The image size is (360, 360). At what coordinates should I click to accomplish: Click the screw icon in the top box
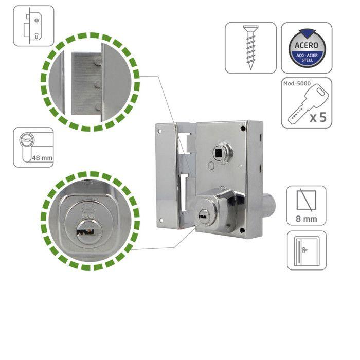(x=250, y=47)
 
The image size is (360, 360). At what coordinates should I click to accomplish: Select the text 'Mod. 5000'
(x=296, y=84)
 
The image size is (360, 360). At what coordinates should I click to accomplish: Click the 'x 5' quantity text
(x=317, y=117)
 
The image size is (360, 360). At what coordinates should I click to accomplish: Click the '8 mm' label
(x=306, y=218)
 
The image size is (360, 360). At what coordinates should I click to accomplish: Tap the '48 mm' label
(x=41, y=158)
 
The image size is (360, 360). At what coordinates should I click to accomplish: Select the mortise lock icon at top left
(x=33, y=26)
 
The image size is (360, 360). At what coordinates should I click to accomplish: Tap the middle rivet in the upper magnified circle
(x=97, y=84)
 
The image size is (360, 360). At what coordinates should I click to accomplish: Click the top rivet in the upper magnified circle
(x=97, y=62)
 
